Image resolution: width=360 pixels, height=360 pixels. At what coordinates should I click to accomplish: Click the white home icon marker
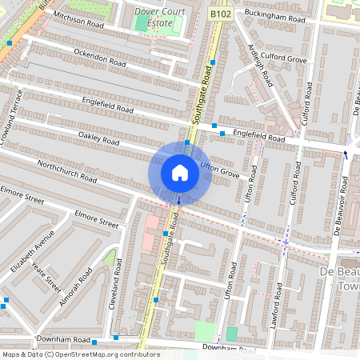180,173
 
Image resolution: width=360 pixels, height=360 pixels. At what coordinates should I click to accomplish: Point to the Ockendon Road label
101,57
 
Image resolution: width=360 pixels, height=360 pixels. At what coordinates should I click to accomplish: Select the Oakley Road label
98,139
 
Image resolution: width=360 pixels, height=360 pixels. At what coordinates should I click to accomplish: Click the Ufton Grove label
220,170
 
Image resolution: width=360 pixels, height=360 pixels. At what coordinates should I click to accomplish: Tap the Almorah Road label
76,286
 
